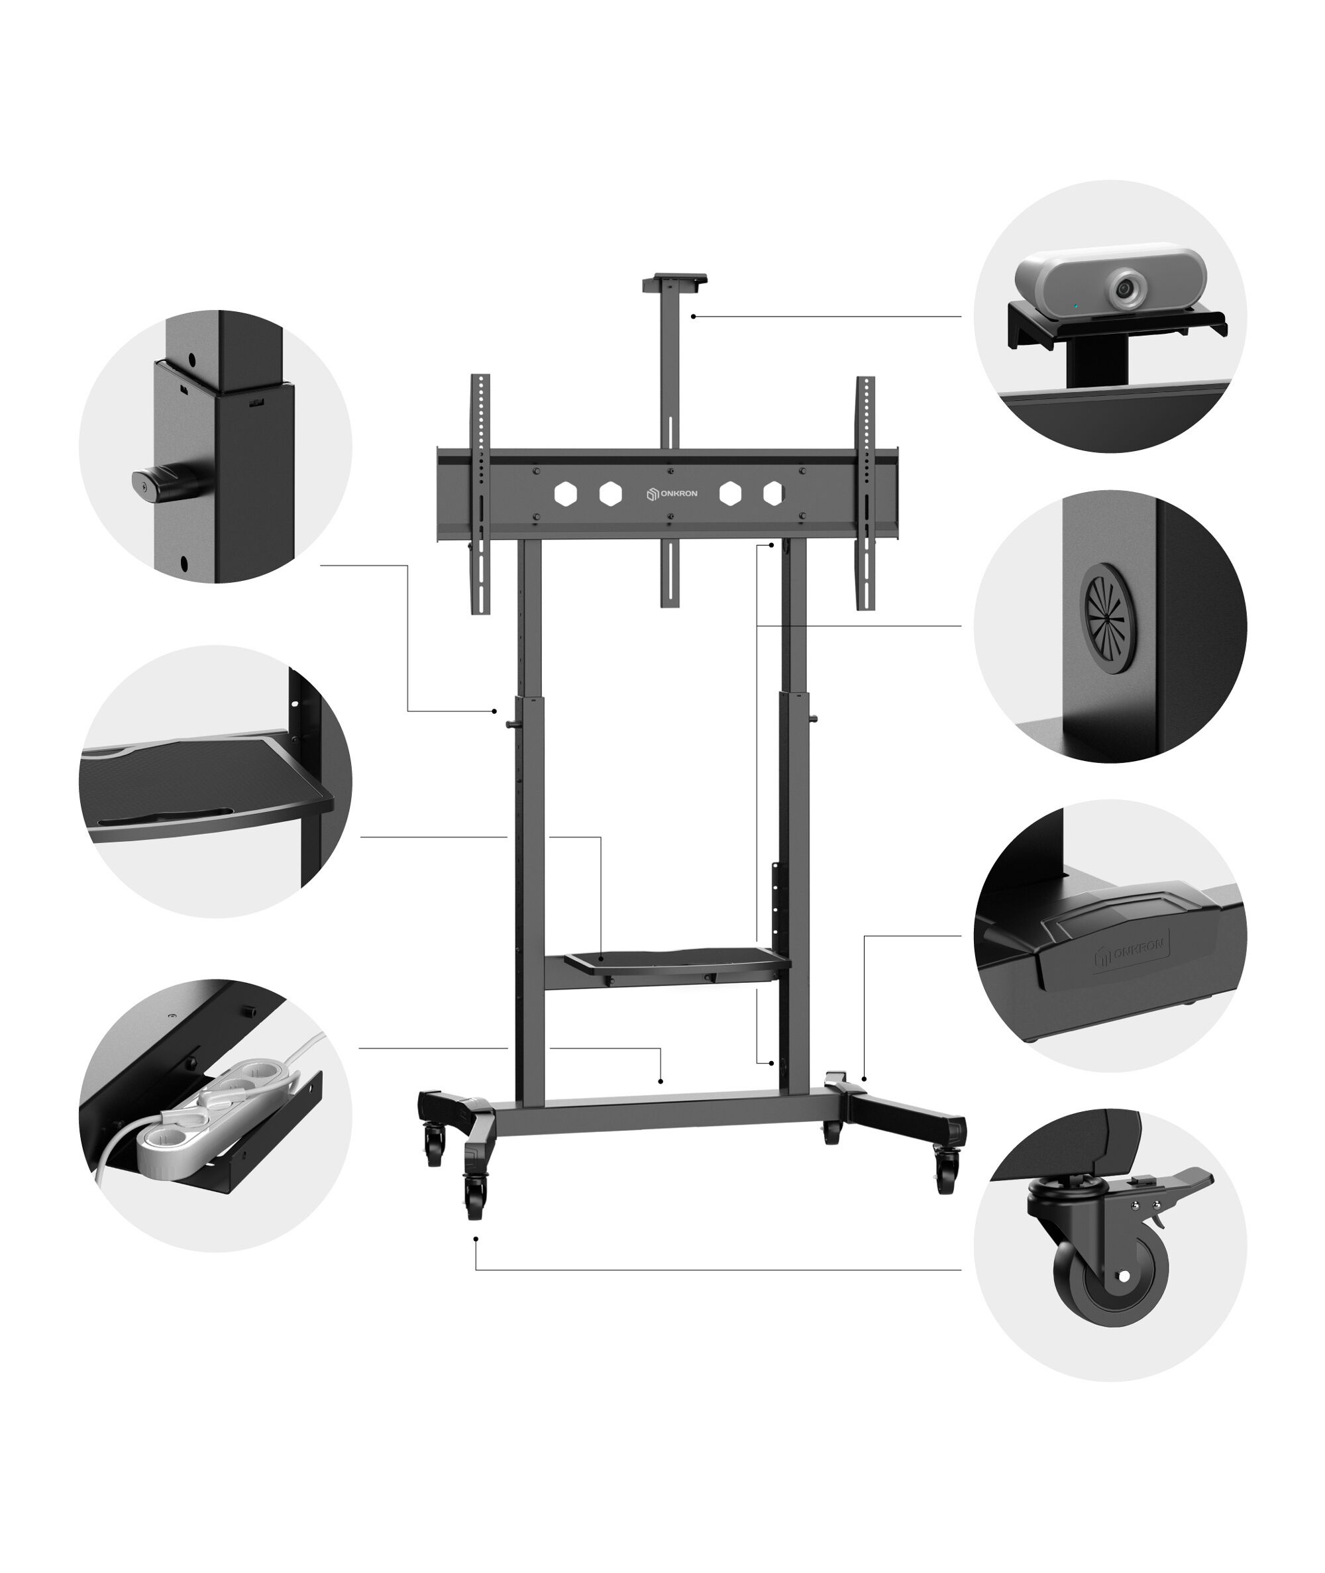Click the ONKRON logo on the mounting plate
pyautogui.click(x=672, y=493)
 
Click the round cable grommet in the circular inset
pyautogui.click(x=1107, y=618)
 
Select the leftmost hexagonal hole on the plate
pyautogui.click(x=565, y=493)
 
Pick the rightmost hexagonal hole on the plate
pyautogui.click(x=773, y=493)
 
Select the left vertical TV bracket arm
pyautogui.click(x=480, y=493)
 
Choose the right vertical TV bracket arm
pyautogui.click(x=865, y=493)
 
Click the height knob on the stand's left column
pyautogui.click(x=511, y=724)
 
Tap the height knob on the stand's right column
pyautogui.click(x=814, y=719)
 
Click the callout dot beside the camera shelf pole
pyautogui.click(x=692, y=317)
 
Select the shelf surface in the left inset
pyautogui.click(x=203, y=785)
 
